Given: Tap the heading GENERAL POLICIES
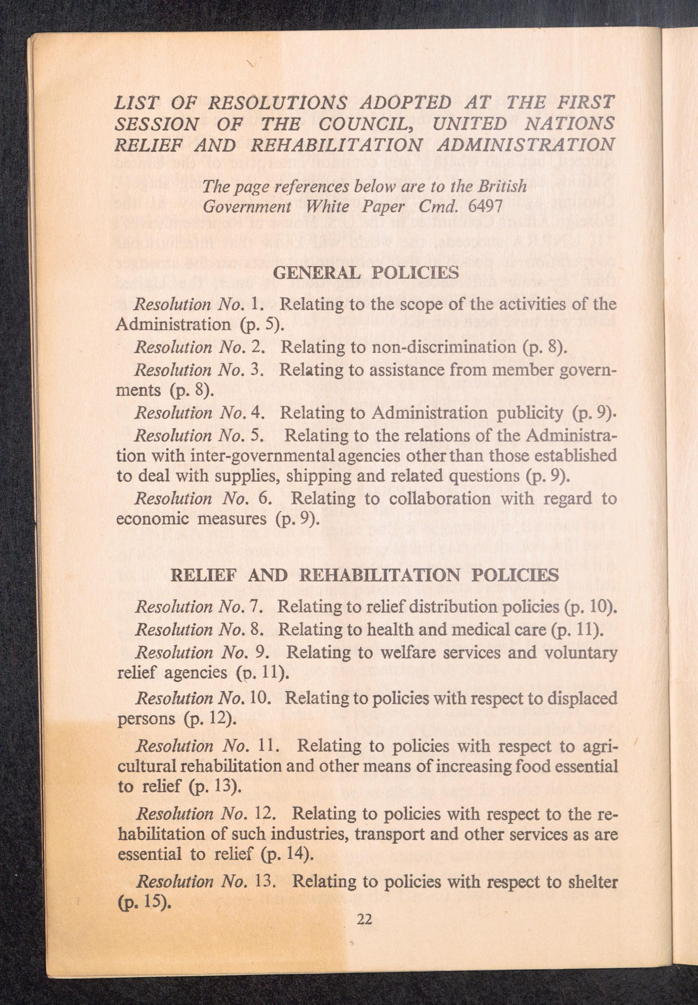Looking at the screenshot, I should pyautogui.click(x=366, y=273).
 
